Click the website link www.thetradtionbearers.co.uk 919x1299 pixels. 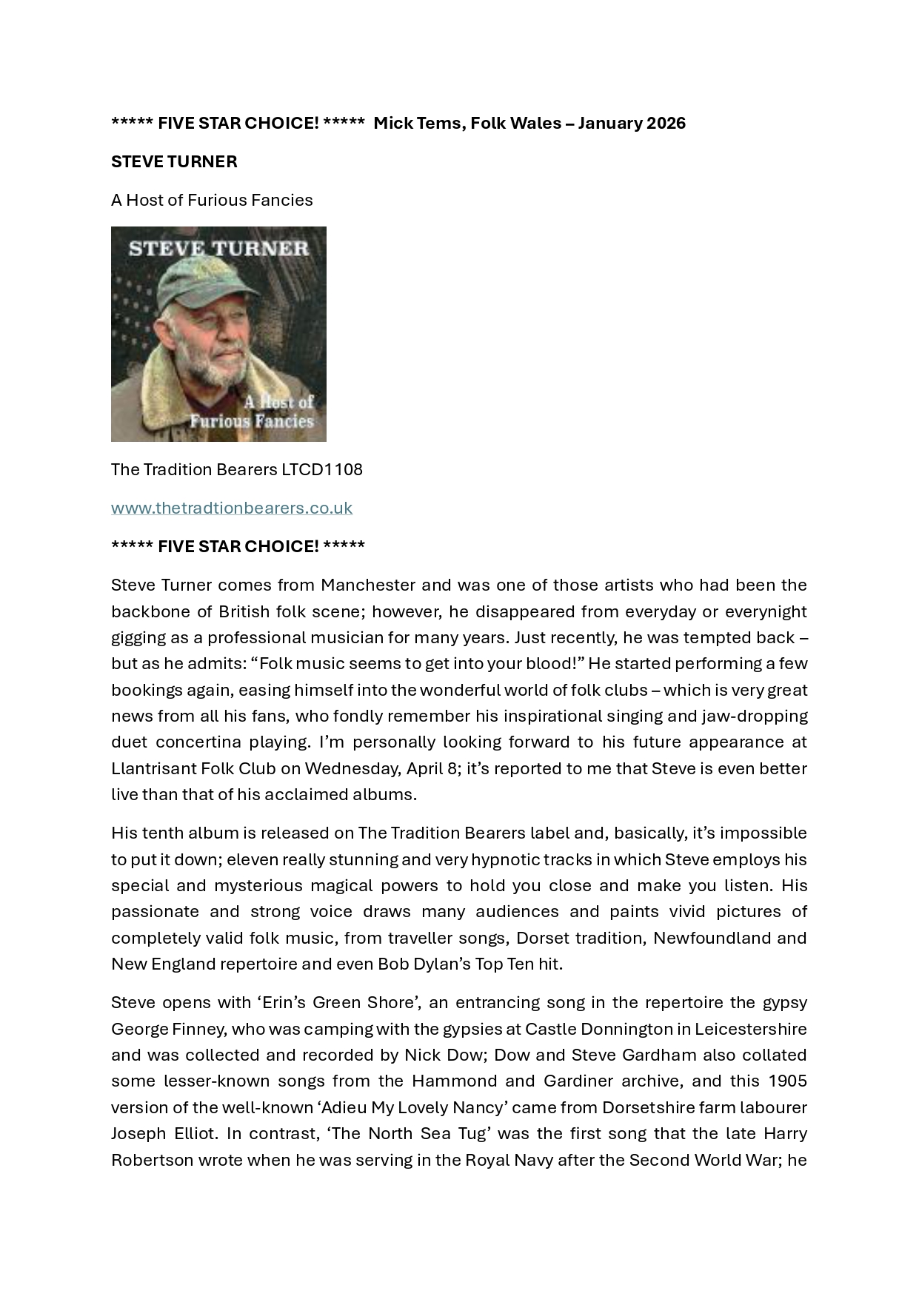[231, 508]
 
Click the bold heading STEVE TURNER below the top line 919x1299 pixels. [174, 161]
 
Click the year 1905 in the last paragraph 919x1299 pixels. [787, 1081]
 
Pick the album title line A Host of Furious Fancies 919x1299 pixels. [212, 200]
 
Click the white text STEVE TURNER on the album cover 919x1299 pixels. [218, 248]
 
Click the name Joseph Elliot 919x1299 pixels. [166, 1133]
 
